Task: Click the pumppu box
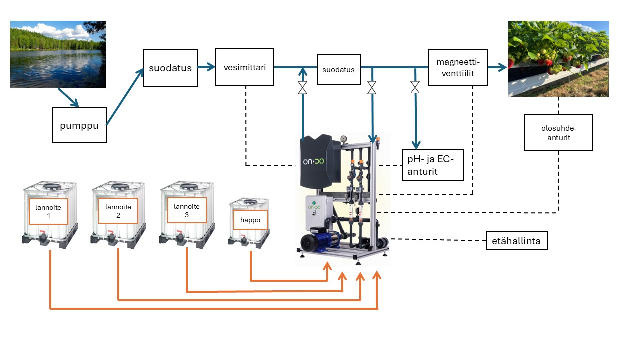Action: pos(79,125)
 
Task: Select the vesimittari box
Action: pos(245,67)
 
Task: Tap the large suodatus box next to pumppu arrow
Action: pos(170,68)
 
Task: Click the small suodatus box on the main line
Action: pos(338,69)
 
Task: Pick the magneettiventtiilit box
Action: pos(458,67)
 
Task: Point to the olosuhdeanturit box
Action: pos(558,132)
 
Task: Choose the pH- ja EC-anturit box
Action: pos(433,165)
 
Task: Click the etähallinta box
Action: pos(517,241)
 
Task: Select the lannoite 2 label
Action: pos(118,211)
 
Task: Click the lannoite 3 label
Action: pos(187,210)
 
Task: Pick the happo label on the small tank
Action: pos(250,220)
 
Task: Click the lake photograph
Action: pos(58,54)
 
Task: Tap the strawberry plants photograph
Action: pos(558,58)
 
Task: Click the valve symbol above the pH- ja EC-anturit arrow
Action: pos(415,87)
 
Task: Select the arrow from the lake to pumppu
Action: pos(68,97)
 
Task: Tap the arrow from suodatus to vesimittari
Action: pos(206,67)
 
